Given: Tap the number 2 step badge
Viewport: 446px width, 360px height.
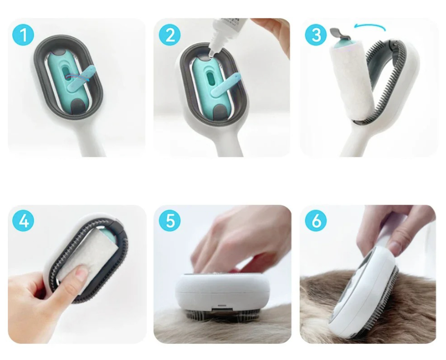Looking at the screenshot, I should tap(170, 35).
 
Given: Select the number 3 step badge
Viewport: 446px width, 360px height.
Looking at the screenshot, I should tap(316, 35).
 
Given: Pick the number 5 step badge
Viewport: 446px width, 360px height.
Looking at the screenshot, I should tap(170, 221).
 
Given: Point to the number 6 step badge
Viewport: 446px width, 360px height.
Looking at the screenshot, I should tap(316, 221).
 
